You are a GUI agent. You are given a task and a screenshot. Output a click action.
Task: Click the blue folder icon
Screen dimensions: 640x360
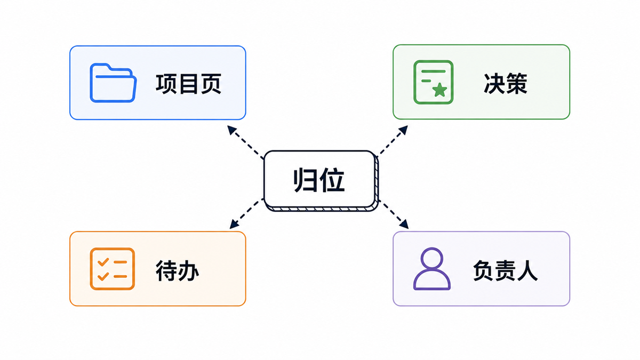click(x=113, y=83)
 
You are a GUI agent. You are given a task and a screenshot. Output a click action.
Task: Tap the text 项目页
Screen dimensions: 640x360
click(x=189, y=84)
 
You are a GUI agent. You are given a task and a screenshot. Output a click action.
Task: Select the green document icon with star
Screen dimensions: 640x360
click(x=434, y=82)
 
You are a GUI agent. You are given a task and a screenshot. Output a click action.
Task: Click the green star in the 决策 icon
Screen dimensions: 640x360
click(x=439, y=90)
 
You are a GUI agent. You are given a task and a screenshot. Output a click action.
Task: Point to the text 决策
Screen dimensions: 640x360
click(x=506, y=83)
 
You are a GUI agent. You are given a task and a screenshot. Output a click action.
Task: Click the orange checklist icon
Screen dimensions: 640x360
click(x=113, y=269)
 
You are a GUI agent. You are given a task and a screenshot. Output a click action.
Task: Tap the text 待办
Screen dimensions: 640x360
click(x=178, y=271)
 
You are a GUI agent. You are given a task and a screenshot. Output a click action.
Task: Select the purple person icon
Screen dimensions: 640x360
click(x=432, y=269)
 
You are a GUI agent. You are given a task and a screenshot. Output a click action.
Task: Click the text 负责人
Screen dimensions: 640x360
click(x=506, y=270)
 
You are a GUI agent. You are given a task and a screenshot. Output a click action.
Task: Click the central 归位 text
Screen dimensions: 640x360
click(x=319, y=181)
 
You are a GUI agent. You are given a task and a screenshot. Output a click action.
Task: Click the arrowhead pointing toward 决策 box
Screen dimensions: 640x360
click(x=403, y=130)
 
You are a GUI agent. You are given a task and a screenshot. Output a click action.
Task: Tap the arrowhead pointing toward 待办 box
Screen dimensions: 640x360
click(x=234, y=224)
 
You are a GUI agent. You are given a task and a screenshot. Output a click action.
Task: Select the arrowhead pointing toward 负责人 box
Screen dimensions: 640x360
click(x=404, y=224)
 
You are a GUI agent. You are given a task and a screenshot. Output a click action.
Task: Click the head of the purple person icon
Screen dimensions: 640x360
click(x=432, y=258)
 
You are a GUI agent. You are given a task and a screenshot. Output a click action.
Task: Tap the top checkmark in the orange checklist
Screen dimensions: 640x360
click(x=103, y=262)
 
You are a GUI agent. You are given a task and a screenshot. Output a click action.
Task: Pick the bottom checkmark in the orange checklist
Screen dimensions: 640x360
click(x=103, y=276)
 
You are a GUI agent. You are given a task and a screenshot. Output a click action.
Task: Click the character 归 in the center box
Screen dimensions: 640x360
click(x=305, y=181)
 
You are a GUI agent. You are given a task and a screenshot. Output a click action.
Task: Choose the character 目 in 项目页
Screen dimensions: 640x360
click(x=189, y=84)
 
